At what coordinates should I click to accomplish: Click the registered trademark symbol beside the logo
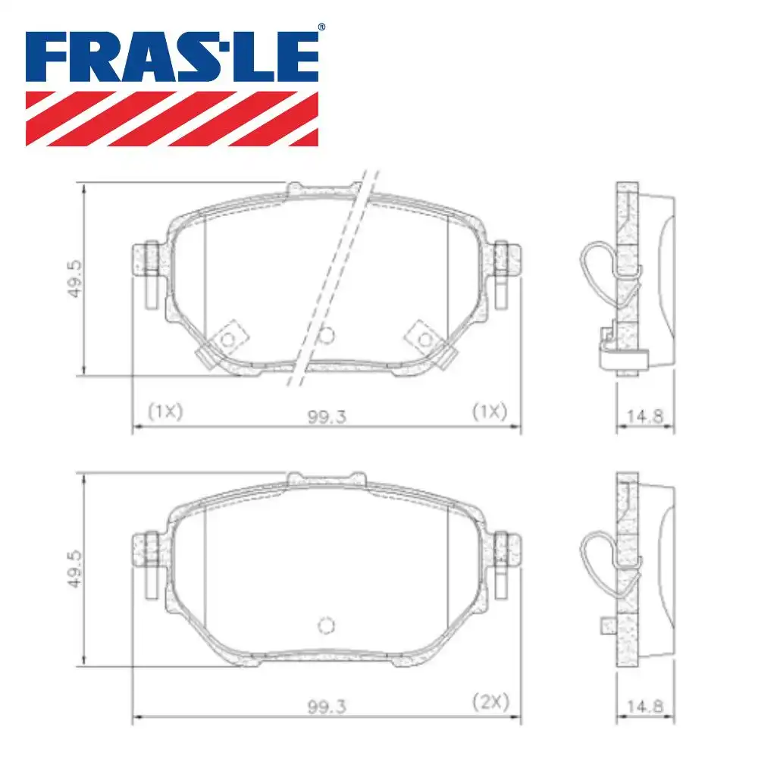click(x=321, y=27)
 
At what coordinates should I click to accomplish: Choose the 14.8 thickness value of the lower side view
click(x=645, y=706)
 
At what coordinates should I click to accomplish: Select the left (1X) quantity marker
click(x=165, y=411)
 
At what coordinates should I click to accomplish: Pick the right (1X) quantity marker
click(x=488, y=411)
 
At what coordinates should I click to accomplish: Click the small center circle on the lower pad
click(x=326, y=625)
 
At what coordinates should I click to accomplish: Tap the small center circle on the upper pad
click(x=327, y=334)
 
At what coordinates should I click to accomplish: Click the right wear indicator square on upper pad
click(x=425, y=337)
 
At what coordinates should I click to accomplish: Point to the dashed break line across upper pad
click(x=334, y=280)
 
